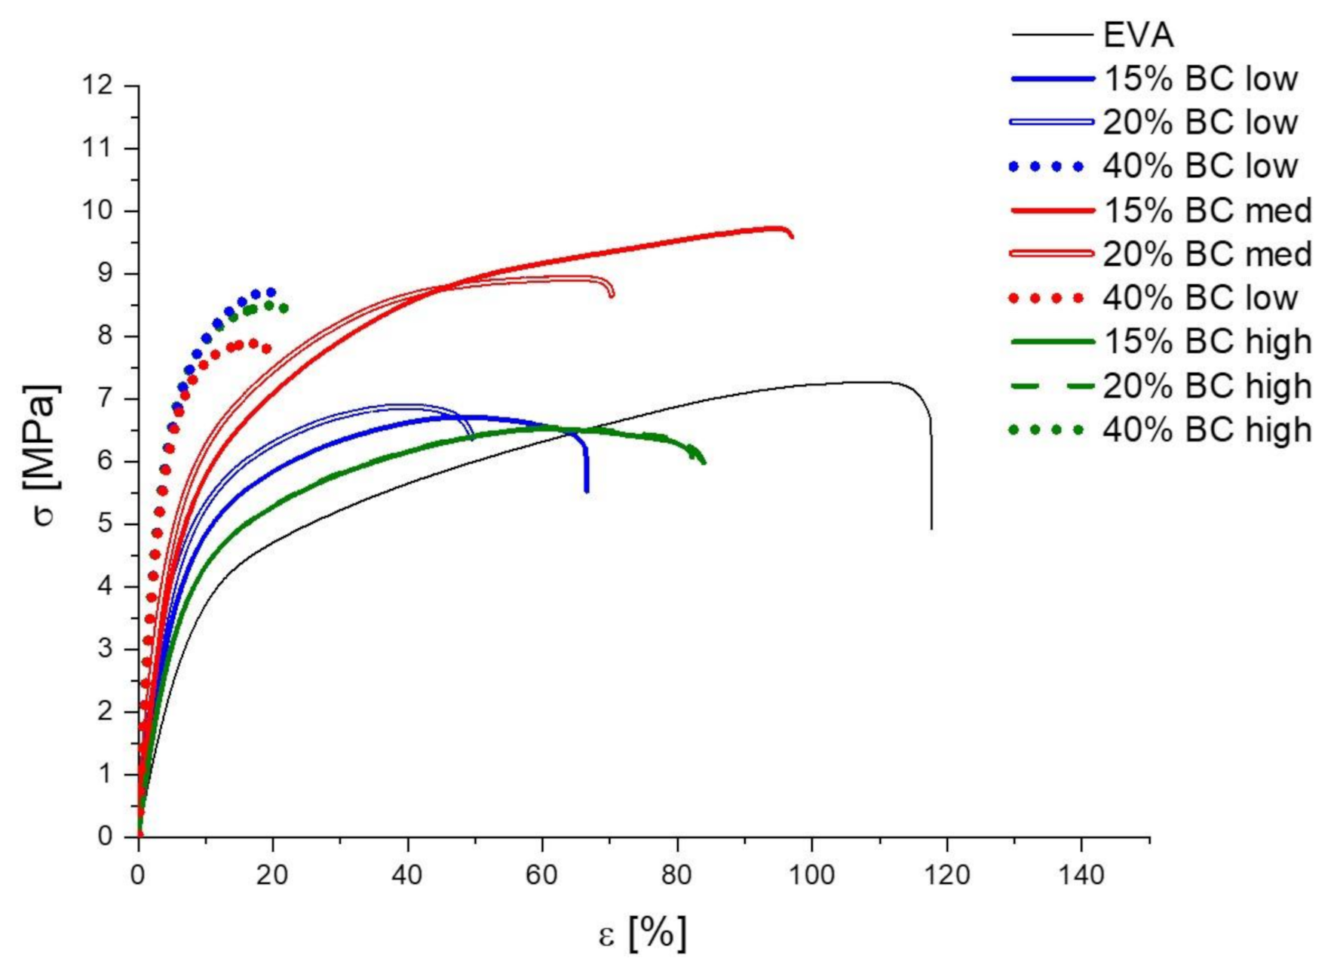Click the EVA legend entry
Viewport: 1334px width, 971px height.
pyautogui.click(x=1139, y=35)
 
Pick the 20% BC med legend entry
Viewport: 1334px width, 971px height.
pyautogui.click(x=1207, y=254)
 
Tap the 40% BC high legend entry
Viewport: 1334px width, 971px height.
pyautogui.click(x=1207, y=429)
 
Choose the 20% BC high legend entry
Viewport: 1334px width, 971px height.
pyautogui.click(x=1207, y=386)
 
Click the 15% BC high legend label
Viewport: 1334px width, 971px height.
pyautogui.click(x=1207, y=342)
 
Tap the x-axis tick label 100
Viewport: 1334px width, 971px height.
pyautogui.click(x=811, y=875)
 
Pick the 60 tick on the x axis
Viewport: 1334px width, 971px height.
pyautogui.click(x=541, y=875)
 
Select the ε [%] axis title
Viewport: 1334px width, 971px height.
pyautogui.click(x=642, y=934)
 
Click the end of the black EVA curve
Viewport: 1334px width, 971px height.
pyautogui.click(x=931, y=528)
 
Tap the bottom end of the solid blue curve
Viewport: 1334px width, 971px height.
pyautogui.click(x=587, y=491)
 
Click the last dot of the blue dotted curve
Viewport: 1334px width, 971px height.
pyautogui.click(x=271, y=292)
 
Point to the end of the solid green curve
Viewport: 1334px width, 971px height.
pyautogui.click(x=704, y=462)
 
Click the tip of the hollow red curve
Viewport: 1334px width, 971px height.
pyautogui.click(x=611, y=295)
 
